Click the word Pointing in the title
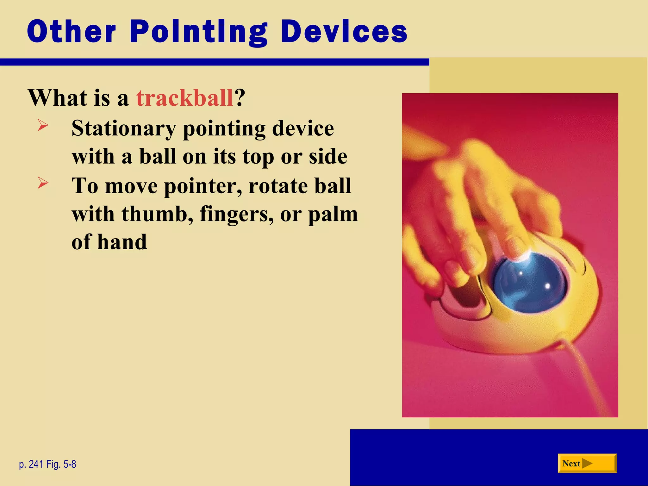pyautogui.click(x=199, y=32)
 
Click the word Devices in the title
pyautogui.click(x=344, y=32)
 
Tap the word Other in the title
pyautogui.click(x=72, y=32)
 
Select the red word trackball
pyautogui.click(x=185, y=98)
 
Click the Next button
pyautogui.click(x=587, y=464)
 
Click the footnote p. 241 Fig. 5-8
pyautogui.click(x=47, y=464)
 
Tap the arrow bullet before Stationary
pyautogui.click(x=43, y=125)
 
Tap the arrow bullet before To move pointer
pyautogui.click(x=43, y=183)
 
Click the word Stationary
pyautogui.click(x=123, y=129)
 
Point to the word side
pyautogui.click(x=328, y=157)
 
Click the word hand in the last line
pyautogui.click(x=122, y=242)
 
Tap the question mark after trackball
pyautogui.click(x=240, y=98)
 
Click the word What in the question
pyautogui.click(x=57, y=98)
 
